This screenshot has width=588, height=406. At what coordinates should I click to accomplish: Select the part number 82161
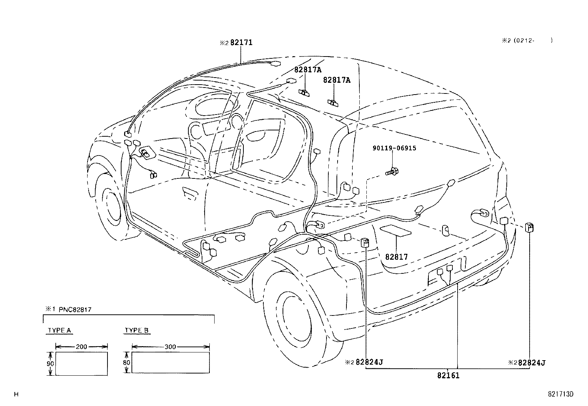(x=448, y=376)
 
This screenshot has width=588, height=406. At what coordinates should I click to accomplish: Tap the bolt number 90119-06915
(x=394, y=148)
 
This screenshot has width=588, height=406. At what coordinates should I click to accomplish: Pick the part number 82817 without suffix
(x=396, y=257)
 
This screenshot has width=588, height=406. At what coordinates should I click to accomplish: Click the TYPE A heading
(x=59, y=330)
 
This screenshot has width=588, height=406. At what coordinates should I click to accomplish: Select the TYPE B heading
(x=136, y=330)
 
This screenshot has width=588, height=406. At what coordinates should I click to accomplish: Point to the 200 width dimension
(x=81, y=347)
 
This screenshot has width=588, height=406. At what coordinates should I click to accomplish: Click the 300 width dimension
(x=170, y=347)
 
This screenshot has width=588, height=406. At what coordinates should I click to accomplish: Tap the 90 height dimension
(x=51, y=364)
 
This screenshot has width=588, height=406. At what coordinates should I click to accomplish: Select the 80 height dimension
(x=127, y=362)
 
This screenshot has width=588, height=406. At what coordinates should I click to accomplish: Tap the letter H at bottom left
(x=16, y=394)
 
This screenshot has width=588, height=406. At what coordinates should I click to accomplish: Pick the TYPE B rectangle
(x=171, y=362)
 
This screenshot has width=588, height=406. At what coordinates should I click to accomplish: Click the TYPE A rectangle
(x=82, y=364)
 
